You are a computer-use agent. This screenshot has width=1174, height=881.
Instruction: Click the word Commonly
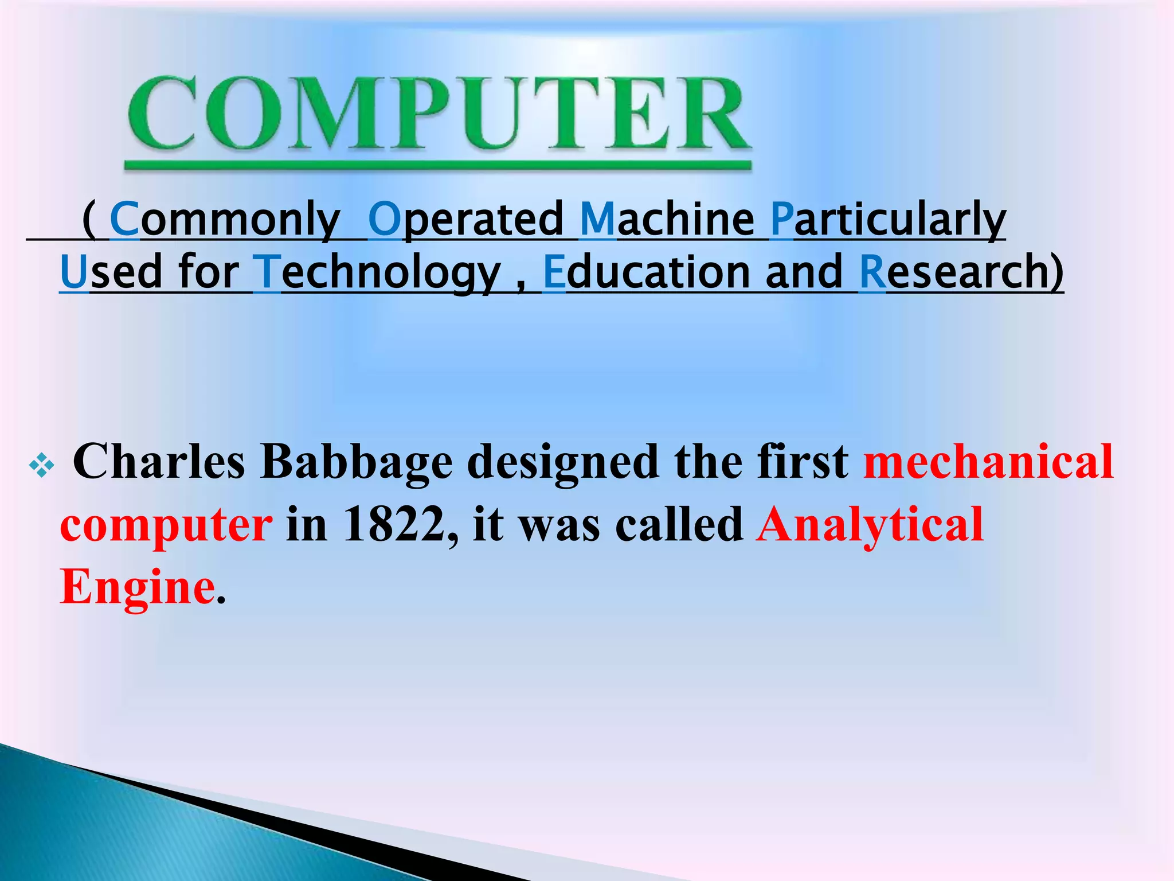pos(225,220)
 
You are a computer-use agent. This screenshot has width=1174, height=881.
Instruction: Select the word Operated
pos(465,220)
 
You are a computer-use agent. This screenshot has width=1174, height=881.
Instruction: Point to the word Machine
pos(667,220)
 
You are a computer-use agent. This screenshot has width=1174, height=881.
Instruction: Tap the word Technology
pos(377,272)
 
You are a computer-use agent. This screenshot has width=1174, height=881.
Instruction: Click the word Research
pos(961,272)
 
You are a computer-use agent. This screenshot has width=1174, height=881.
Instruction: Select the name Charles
pos(159,462)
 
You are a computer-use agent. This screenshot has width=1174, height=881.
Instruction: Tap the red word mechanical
pos(988,462)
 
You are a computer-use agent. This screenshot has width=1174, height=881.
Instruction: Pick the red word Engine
pos(138,587)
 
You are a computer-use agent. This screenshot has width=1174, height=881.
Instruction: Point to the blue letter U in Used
pos(73,272)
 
